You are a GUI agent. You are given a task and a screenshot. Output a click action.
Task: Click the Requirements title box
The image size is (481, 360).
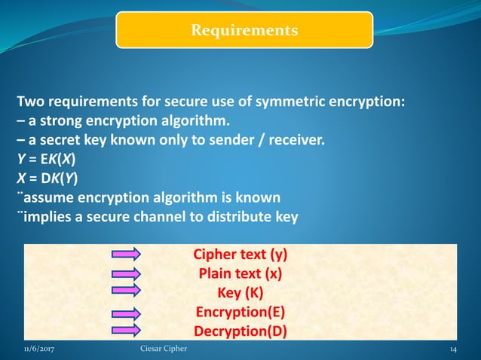point(244,30)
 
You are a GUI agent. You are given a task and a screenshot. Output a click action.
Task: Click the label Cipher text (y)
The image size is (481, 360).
point(240,255)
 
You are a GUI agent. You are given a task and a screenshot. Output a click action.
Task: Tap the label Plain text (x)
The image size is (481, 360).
point(240,274)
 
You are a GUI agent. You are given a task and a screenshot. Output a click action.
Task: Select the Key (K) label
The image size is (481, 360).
point(240,293)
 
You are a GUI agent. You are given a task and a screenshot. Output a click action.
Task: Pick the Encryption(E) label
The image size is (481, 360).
point(240,312)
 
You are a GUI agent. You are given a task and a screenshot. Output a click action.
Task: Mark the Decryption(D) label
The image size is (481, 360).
point(240,331)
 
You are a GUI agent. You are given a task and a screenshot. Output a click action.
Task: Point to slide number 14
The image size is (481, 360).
point(454,349)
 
